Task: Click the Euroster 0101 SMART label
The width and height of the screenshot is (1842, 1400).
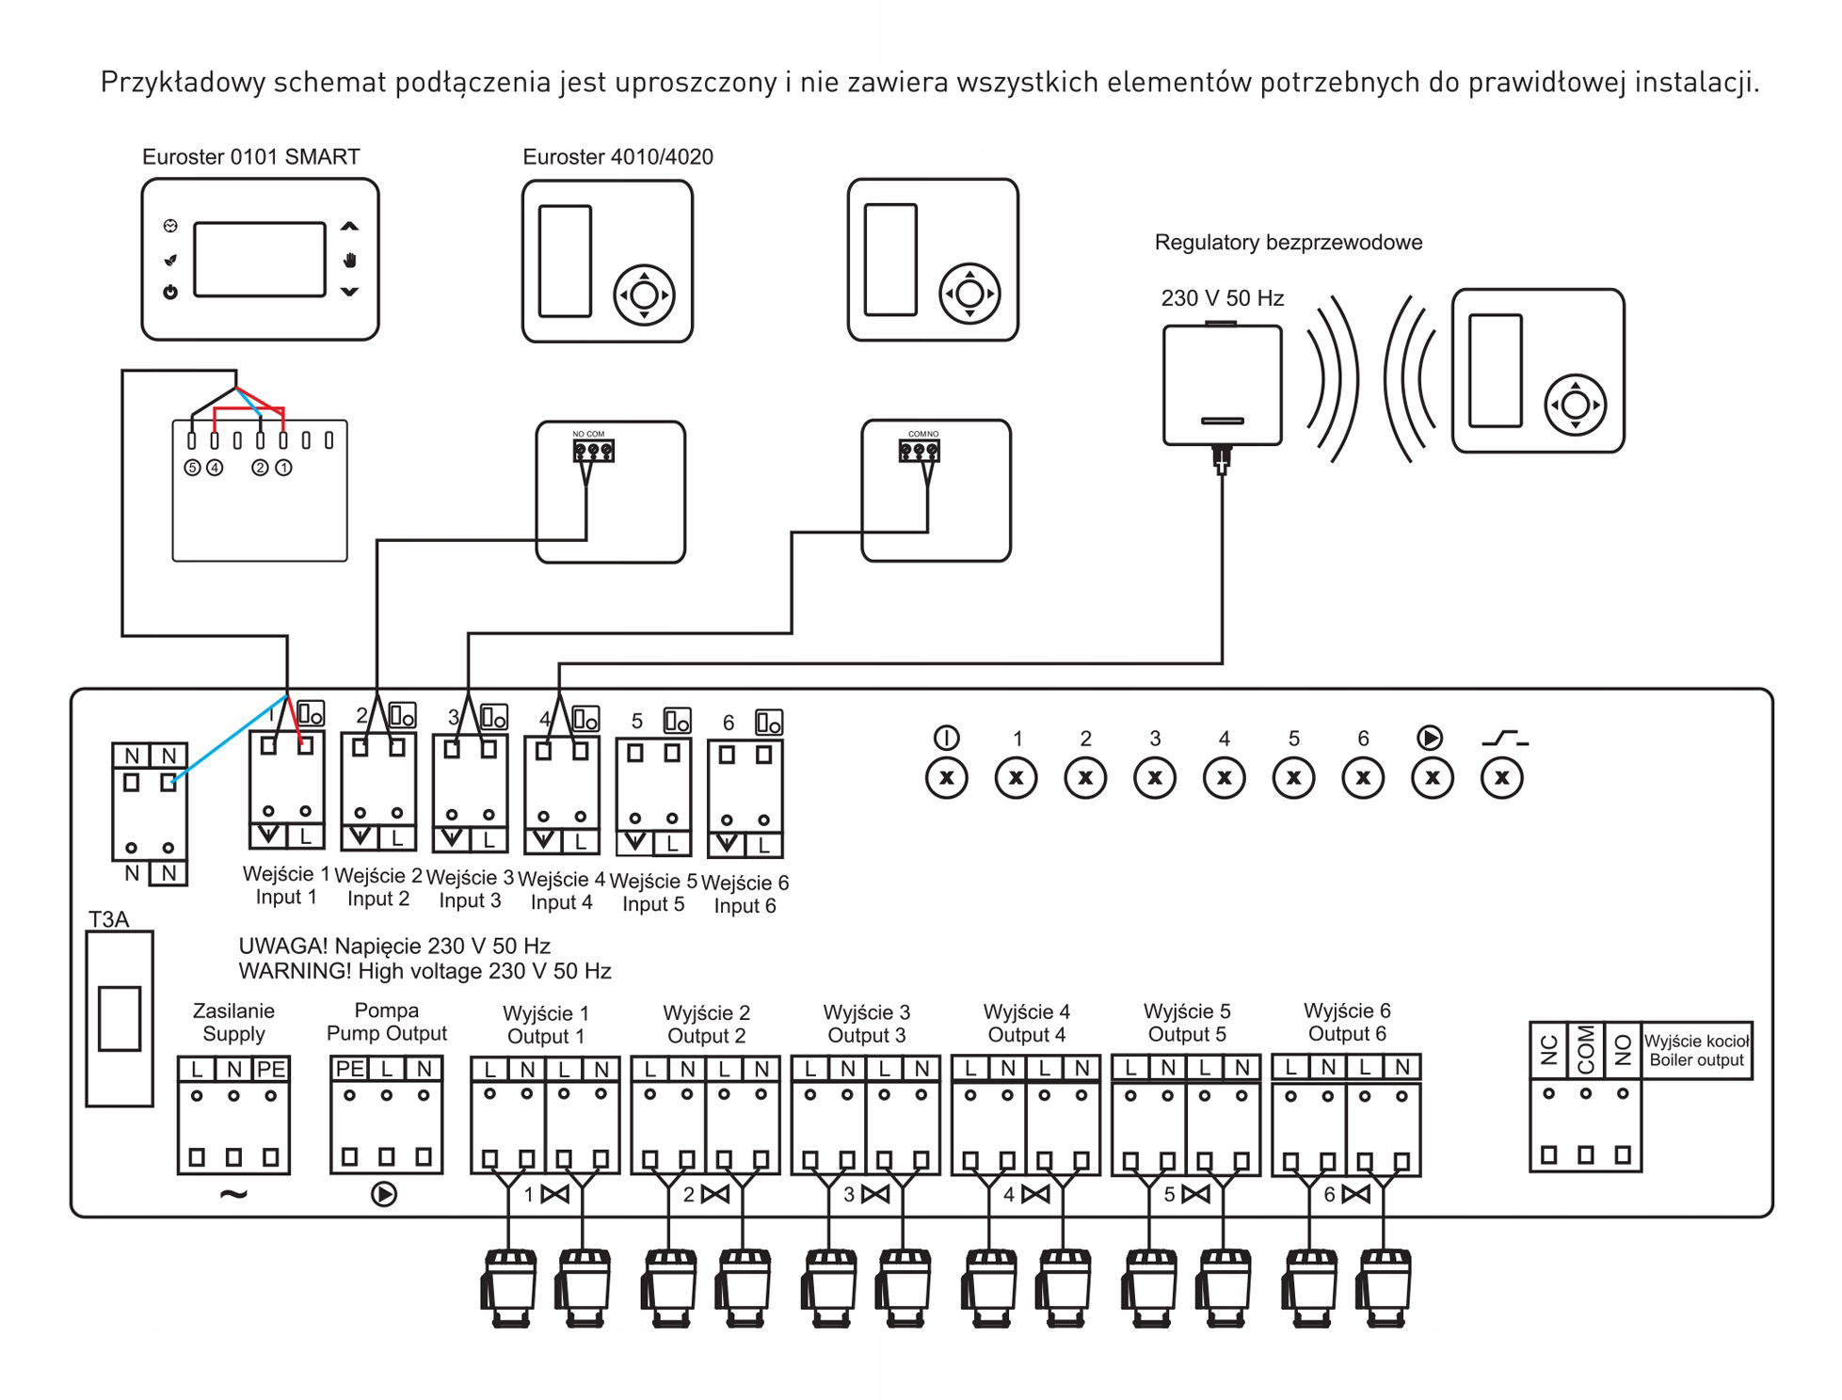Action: click(x=250, y=157)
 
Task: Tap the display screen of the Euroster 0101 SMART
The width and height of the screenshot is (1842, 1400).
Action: click(x=260, y=260)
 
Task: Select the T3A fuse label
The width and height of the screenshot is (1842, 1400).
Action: click(x=108, y=919)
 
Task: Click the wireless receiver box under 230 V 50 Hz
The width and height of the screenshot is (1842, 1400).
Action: click(x=1222, y=385)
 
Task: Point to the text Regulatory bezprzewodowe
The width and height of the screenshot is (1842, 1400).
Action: click(x=1288, y=243)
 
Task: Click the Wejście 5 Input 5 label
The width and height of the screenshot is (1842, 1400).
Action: click(x=653, y=893)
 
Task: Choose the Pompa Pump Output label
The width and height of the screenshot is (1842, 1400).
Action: click(x=386, y=1022)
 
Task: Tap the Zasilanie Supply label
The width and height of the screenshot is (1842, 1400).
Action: click(x=233, y=1023)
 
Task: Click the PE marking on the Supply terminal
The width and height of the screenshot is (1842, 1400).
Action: click(x=271, y=1070)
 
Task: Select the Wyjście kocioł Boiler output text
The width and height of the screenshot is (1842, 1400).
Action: click(x=1696, y=1051)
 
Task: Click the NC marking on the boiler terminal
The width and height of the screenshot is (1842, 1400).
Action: click(x=1549, y=1050)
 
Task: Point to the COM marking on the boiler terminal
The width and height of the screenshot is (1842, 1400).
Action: click(x=1586, y=1050)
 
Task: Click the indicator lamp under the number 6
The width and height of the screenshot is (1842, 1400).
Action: click(x=1363, y=778)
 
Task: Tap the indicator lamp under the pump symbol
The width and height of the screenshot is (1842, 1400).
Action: click(x=1433, y=778)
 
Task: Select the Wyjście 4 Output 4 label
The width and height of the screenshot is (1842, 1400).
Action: click(x=1026, y=1024)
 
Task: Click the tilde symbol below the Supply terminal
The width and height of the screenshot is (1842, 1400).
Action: click(x=233, y=1195)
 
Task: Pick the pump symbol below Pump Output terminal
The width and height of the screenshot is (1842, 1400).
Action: click(x=384, y=1195)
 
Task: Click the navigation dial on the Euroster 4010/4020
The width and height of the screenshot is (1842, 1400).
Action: click(x=645, y=295)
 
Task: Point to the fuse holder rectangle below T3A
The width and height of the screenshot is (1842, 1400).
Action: click(x=120, y=1018)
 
